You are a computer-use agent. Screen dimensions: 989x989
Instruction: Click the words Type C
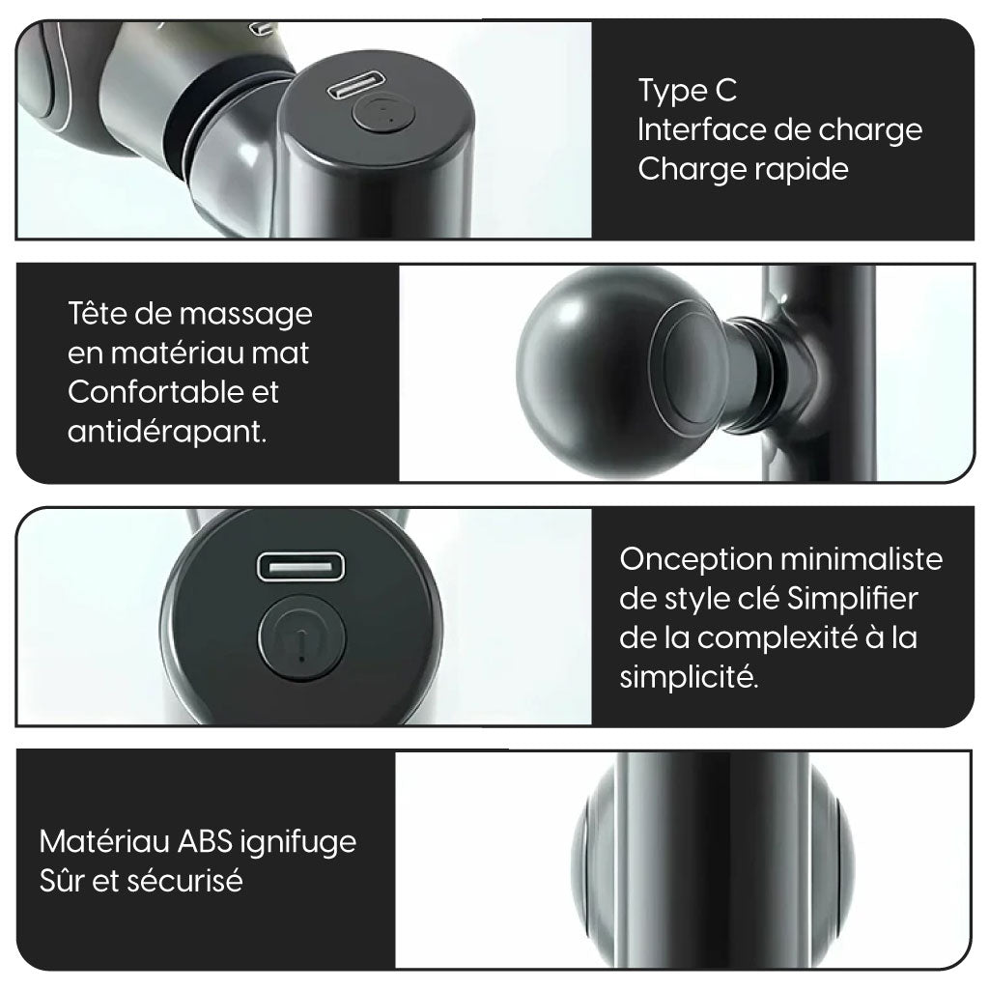click(688, 91)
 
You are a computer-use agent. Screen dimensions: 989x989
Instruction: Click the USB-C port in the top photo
click(355, 85)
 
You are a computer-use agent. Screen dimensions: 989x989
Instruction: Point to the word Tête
click(98, 314)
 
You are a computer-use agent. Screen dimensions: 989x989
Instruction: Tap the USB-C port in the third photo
click(301, 566)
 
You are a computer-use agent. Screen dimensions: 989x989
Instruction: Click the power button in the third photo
click(301, 637)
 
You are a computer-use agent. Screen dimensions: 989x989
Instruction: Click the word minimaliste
click(862, 559)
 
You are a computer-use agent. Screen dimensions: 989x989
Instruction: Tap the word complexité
click(777, 639)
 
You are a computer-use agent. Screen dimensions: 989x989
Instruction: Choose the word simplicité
click(689, 678)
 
